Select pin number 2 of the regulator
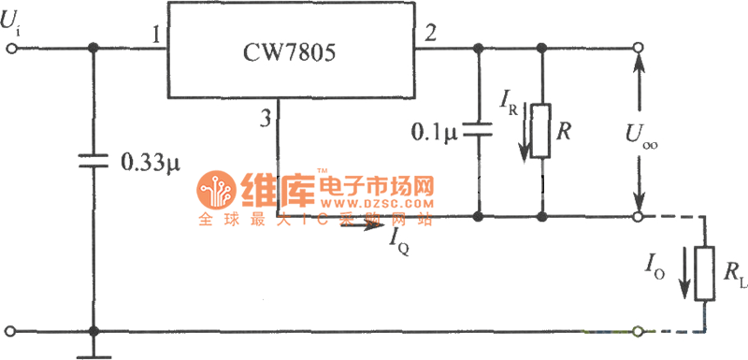429,36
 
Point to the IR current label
511,100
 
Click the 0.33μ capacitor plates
93,160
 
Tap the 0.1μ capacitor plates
479,131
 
